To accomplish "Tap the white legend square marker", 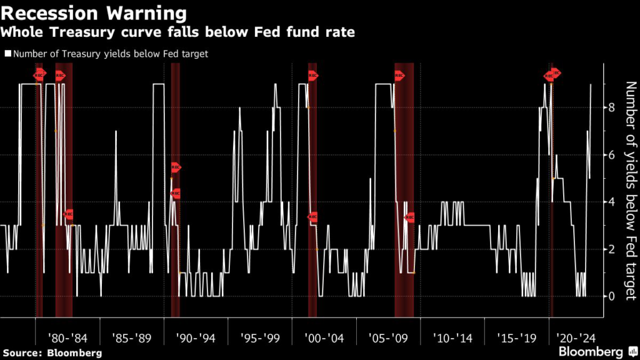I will click(x=7, y=54).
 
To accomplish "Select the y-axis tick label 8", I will click(x=611, y=107).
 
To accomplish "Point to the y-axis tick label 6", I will click(x=611, y=155).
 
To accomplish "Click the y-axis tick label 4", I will click(x=611, y=202).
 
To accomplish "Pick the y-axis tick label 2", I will click(x=611, y=249).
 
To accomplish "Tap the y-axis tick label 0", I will click(x=611, y=296).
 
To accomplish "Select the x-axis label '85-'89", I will click(x=131, y=338).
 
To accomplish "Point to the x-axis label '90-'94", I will click(x=196, y=338).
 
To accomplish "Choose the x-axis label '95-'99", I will click(x=260, y=338).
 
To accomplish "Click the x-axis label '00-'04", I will click(x=324, y=338).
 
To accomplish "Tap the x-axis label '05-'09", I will click(x=388, y=338).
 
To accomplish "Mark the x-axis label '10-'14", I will click(x=452, y=338).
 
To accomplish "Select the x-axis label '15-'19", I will click(x=517, y=338).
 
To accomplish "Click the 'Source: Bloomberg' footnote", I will click(x=51, y=353).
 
